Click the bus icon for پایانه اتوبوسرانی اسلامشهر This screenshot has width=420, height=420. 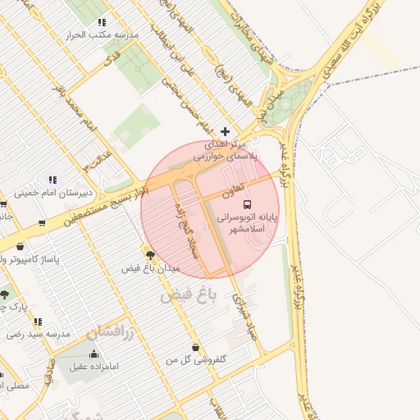tap(248, 204)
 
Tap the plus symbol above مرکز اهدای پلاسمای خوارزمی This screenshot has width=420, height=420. tap(226, 131)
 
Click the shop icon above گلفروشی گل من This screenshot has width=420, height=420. tap(195, 347)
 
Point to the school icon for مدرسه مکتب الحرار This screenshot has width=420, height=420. tap(102, 23)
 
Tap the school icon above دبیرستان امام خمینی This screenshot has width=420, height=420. tap(53, 180)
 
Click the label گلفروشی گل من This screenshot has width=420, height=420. tap(196, 360)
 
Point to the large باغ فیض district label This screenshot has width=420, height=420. tap(187, 294)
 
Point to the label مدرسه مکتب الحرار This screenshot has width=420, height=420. tap(105, 35)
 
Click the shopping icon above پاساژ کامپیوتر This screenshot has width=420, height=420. tap(20, 247)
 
